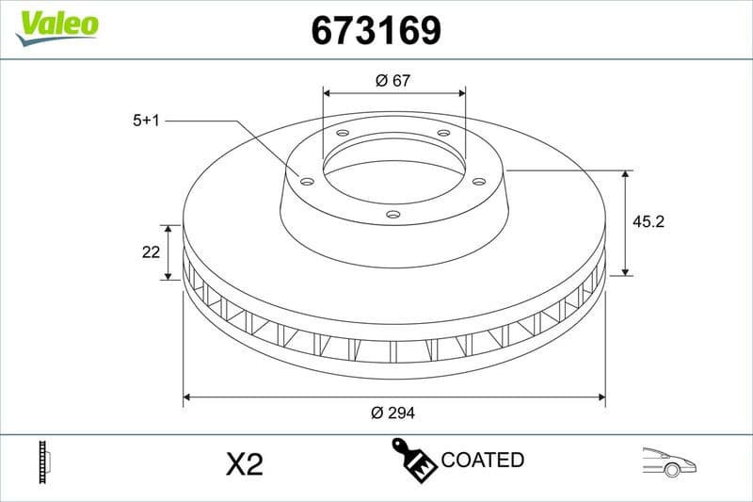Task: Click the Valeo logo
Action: click(x=56, y=24)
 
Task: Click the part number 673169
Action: click(x=376, y=31)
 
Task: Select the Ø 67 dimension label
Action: click(x=393, y=81)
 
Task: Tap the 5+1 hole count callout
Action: click(x=148, y=121)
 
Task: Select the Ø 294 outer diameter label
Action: click(x=393, y=413)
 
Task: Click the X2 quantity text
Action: click(x=245, y=463)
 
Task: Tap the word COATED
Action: click(x=482, y=461)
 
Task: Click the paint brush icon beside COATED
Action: click(x=413, y=460)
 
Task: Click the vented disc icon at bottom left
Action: click(x=43, y=462)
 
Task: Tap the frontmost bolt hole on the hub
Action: click(x=393, y=216)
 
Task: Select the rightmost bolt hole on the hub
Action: click(x=478, y=181)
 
